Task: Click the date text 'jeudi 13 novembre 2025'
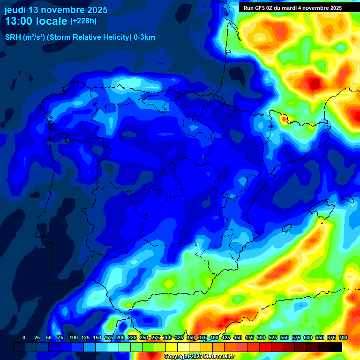click(56, 10)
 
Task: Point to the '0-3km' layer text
click(144, 37)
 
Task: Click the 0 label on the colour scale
click(24, 337)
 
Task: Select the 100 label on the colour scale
click(73, 337)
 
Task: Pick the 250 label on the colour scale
click(144, 337)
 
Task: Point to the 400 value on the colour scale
click(214, 337)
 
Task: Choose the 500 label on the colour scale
click(261, 337)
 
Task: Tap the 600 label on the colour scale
click(308, 337)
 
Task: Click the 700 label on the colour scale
click(343, 337)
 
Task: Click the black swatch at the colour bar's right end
click(336, 347)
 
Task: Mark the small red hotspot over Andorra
click(284, 119)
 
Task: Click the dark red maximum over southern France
click(315, 83)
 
